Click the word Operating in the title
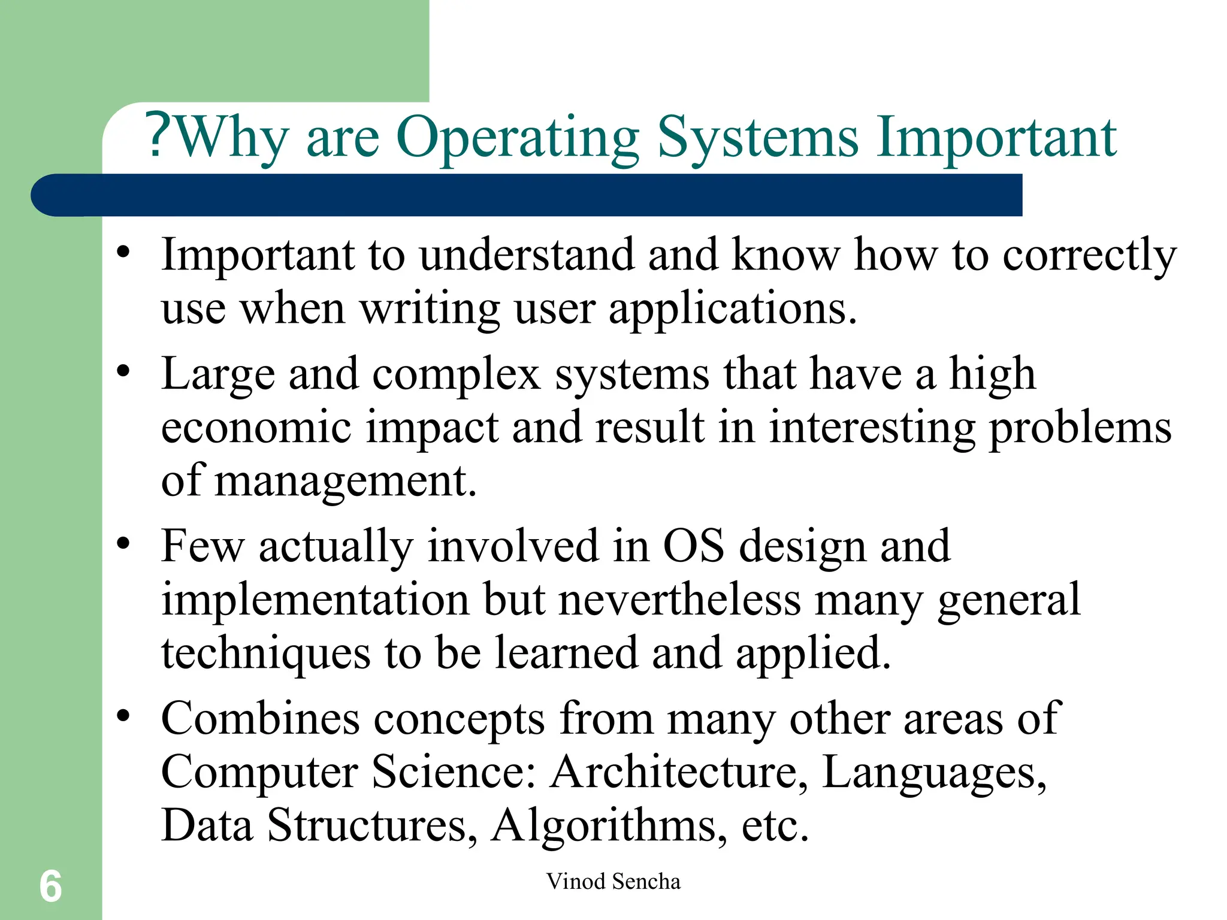point(518,139)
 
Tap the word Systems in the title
point(758,139)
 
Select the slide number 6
point(50,886)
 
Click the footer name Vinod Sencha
point(613,882)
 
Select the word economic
point(256,427)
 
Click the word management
point(345,482)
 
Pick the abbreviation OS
point(693,546)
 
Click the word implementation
point(315,600)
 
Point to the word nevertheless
point(679,600)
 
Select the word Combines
point(261,718)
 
